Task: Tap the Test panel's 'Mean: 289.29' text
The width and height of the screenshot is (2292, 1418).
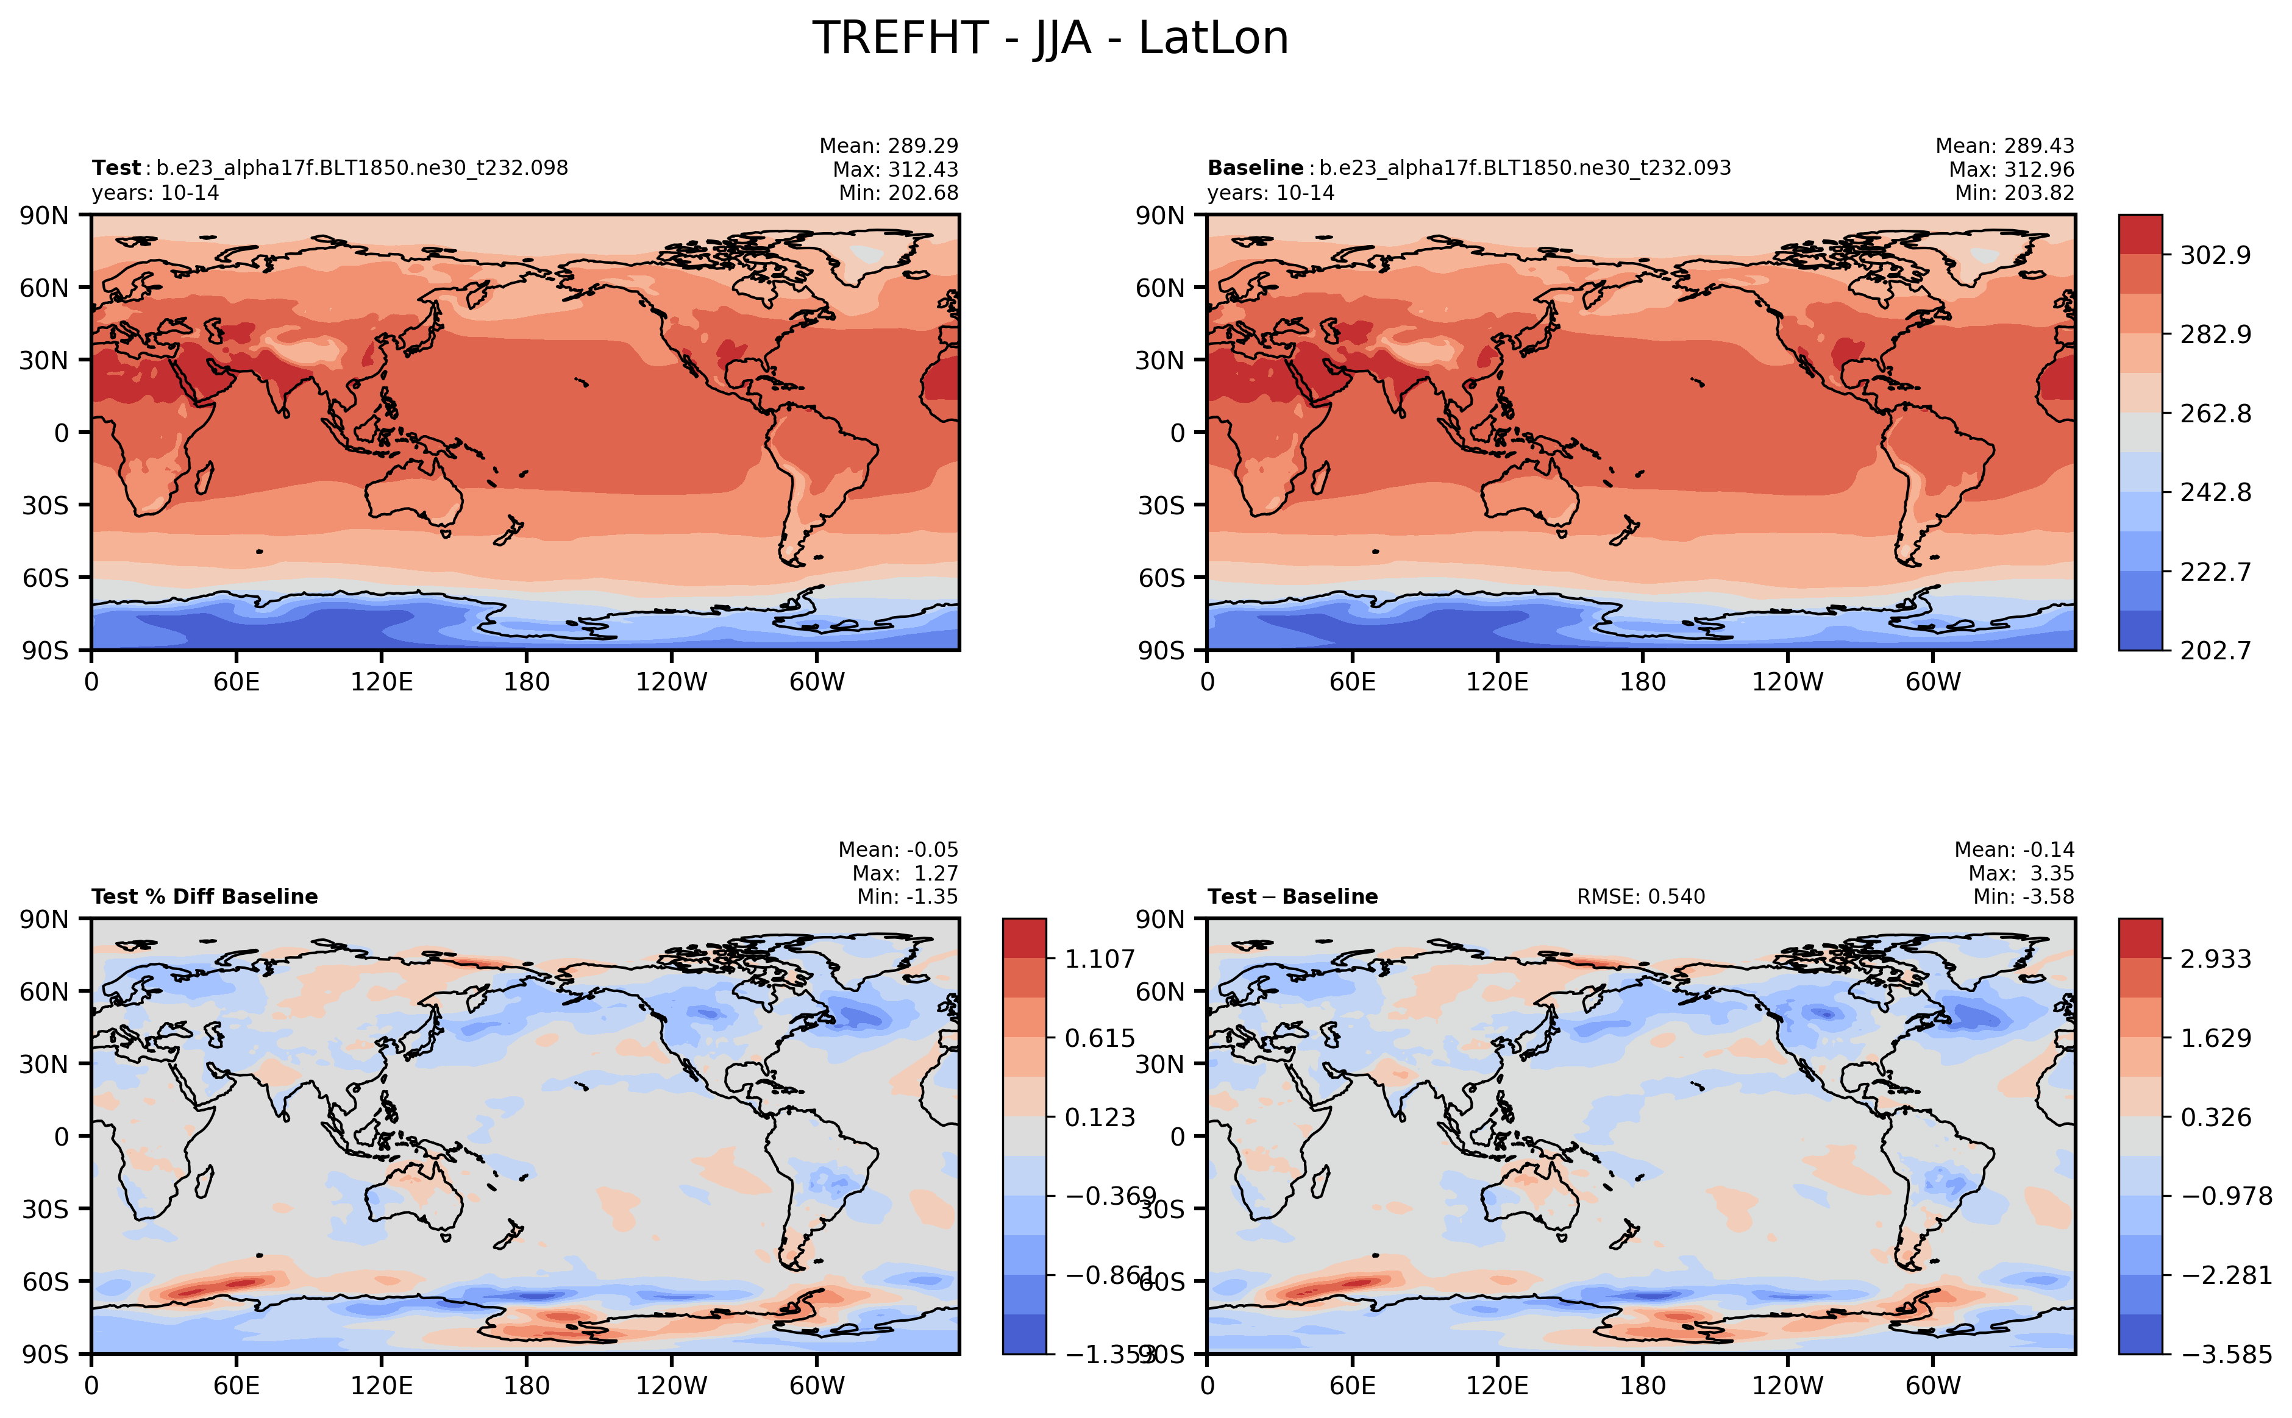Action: pos(889,146)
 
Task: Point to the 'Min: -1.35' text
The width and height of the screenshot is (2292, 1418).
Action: pos(907,896)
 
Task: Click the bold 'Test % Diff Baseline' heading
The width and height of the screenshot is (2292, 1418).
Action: pos(205,896)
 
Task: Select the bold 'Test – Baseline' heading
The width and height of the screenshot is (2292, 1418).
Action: pos(1292,896)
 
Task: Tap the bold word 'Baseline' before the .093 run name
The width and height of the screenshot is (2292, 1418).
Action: pos(1255,168)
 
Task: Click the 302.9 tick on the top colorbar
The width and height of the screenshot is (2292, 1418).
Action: pos(2214,255)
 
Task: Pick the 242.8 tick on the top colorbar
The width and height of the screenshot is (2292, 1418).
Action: pos(2214,492)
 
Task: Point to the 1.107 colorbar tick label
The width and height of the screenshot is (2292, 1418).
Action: pos(1098,959)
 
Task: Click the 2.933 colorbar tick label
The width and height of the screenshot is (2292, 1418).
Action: pos(2214,959)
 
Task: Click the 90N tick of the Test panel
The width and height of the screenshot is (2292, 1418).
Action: pos(44,216)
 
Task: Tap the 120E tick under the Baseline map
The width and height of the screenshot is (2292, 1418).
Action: pos(1497,682)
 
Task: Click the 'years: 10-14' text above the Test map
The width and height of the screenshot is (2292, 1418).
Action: pos(155,193)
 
